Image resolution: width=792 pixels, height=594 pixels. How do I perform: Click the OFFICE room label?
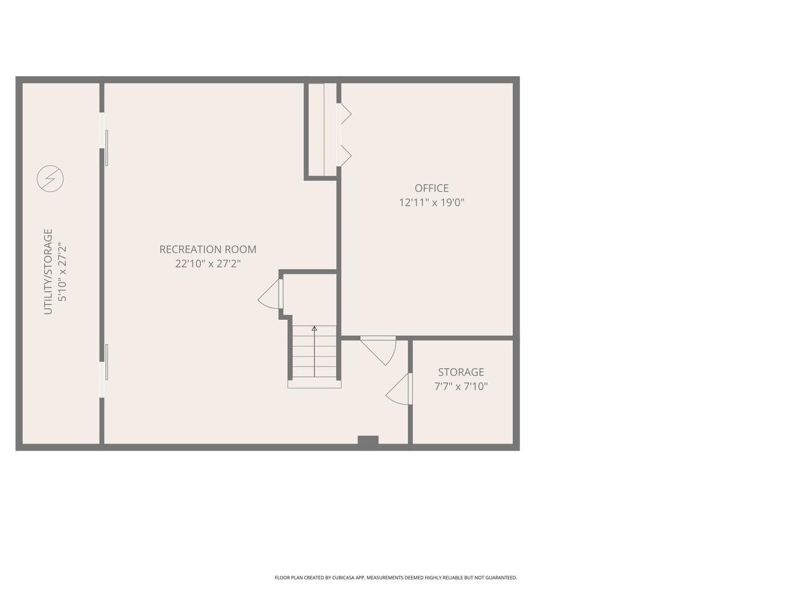point(431,188)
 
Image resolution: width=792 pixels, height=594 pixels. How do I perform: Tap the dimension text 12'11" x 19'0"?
point(431,203)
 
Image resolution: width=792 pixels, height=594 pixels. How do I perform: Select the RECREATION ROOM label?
point(208,249)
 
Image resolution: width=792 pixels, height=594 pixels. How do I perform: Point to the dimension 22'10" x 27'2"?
point(208,264)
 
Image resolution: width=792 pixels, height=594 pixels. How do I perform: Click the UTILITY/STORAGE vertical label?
point(48,272)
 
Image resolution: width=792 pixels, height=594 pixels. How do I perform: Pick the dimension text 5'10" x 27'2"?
point(62,272)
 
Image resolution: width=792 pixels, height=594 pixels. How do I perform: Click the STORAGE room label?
point(461,372)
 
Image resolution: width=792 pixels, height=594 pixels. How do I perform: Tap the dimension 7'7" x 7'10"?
point(461,387)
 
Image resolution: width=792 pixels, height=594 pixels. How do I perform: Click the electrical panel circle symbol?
point(51,179)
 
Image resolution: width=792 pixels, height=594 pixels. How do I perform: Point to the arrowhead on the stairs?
point(314,329)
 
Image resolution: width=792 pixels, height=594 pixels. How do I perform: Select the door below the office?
point(379,351)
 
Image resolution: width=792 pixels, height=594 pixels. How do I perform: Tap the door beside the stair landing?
point(270,293)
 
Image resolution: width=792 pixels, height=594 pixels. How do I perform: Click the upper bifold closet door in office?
point(344,114)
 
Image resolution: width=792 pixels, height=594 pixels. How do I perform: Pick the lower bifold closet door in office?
point(344,156)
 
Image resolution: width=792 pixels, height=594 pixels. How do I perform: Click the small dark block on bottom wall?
point(368,441)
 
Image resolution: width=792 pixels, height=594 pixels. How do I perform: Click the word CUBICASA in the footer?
point(346,578)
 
